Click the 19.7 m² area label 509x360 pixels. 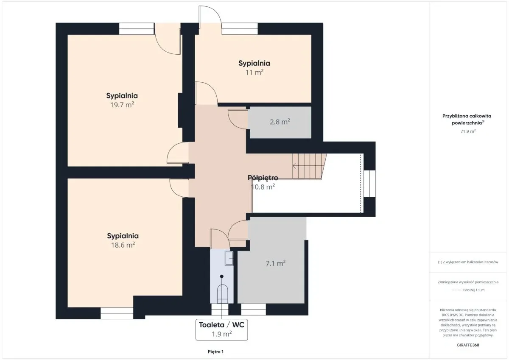[122, 105]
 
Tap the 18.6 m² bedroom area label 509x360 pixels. [123, 245]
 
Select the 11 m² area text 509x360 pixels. [254, 72]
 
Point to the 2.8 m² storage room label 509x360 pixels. [280, 122]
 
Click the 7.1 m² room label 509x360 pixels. [275, 263]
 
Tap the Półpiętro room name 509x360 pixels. [263, 177]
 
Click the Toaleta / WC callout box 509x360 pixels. [221, 329]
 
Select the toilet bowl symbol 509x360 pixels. [222, 293]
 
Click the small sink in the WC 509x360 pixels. [229, 258]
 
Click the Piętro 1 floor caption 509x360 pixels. [215, 352]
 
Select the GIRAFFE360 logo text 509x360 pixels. [468, 345]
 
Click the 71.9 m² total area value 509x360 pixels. [468, 131]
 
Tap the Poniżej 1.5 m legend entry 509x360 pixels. [474, 290]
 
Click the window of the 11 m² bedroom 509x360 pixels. [240, 29]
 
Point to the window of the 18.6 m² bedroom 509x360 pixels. [117, 313]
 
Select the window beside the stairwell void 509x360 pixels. [369, 184]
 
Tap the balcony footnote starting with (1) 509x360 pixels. [468, 262]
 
